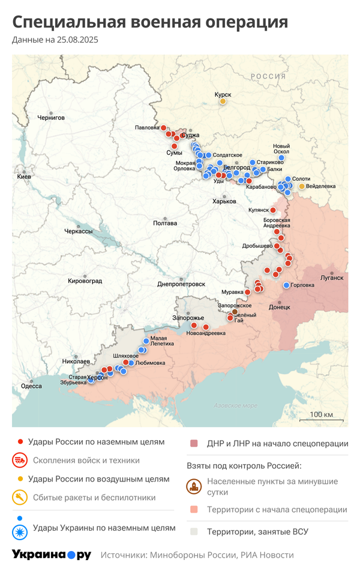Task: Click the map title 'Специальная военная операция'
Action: pos(150,22)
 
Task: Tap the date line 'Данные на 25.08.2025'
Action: pos(55,40)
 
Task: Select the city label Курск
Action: pos(223,94)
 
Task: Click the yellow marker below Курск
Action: pos(223,101)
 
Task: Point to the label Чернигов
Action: pos(50,118)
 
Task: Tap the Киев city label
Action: pos(24,177)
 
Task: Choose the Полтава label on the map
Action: pos(165,223)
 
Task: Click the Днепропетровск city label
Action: pos(181,284)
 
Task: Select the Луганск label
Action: pos(332,278)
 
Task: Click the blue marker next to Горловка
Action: pos(287,285)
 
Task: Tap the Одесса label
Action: pos(31,386)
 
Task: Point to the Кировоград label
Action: pos(85,281)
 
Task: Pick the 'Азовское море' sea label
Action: pos(235,406)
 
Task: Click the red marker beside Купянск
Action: pos(273,210)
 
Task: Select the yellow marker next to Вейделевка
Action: pos(302,186)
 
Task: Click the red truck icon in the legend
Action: pos(20,460)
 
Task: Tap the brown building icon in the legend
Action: pos(194,486)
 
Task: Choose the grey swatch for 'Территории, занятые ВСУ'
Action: pos(194,531)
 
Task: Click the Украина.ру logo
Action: pos(52,555)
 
